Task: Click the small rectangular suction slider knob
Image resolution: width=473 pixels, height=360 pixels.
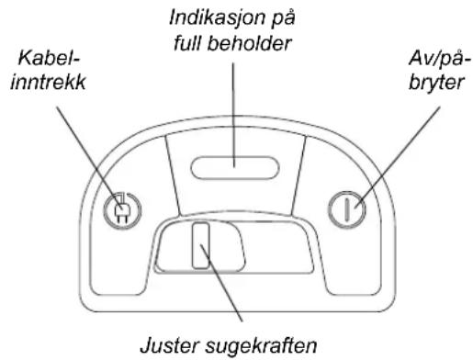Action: [202, 248]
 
